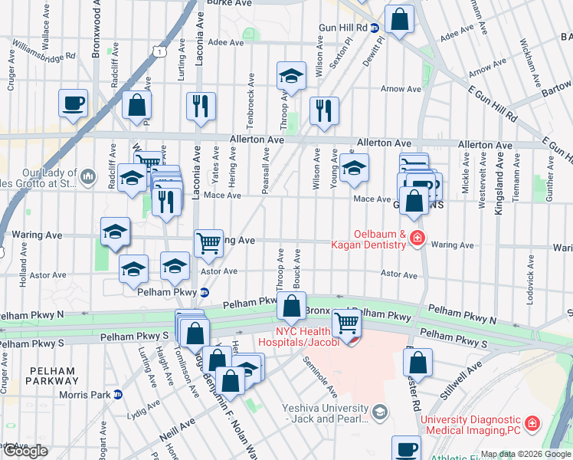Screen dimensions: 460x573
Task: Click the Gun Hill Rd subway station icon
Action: (x=374, y=28)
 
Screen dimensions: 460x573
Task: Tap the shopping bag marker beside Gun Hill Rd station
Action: (x=399, y=19)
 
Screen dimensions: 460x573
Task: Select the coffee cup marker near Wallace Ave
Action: (x=74, y=103)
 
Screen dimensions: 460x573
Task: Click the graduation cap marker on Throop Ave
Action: (x=290, y=76)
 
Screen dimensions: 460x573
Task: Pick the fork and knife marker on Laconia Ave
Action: (x=201, y=107)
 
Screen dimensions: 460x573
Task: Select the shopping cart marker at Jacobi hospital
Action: (x=346, y=324)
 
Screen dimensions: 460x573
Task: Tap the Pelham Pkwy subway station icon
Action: (x=205, y=292)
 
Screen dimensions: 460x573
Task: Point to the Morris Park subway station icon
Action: (x=118, y=394)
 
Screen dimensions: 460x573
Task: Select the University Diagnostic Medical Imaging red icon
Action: (x=532, y=422)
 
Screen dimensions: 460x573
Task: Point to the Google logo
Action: (x=25, y=451)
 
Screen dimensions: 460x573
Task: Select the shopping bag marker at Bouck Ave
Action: (x=291, y=307)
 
